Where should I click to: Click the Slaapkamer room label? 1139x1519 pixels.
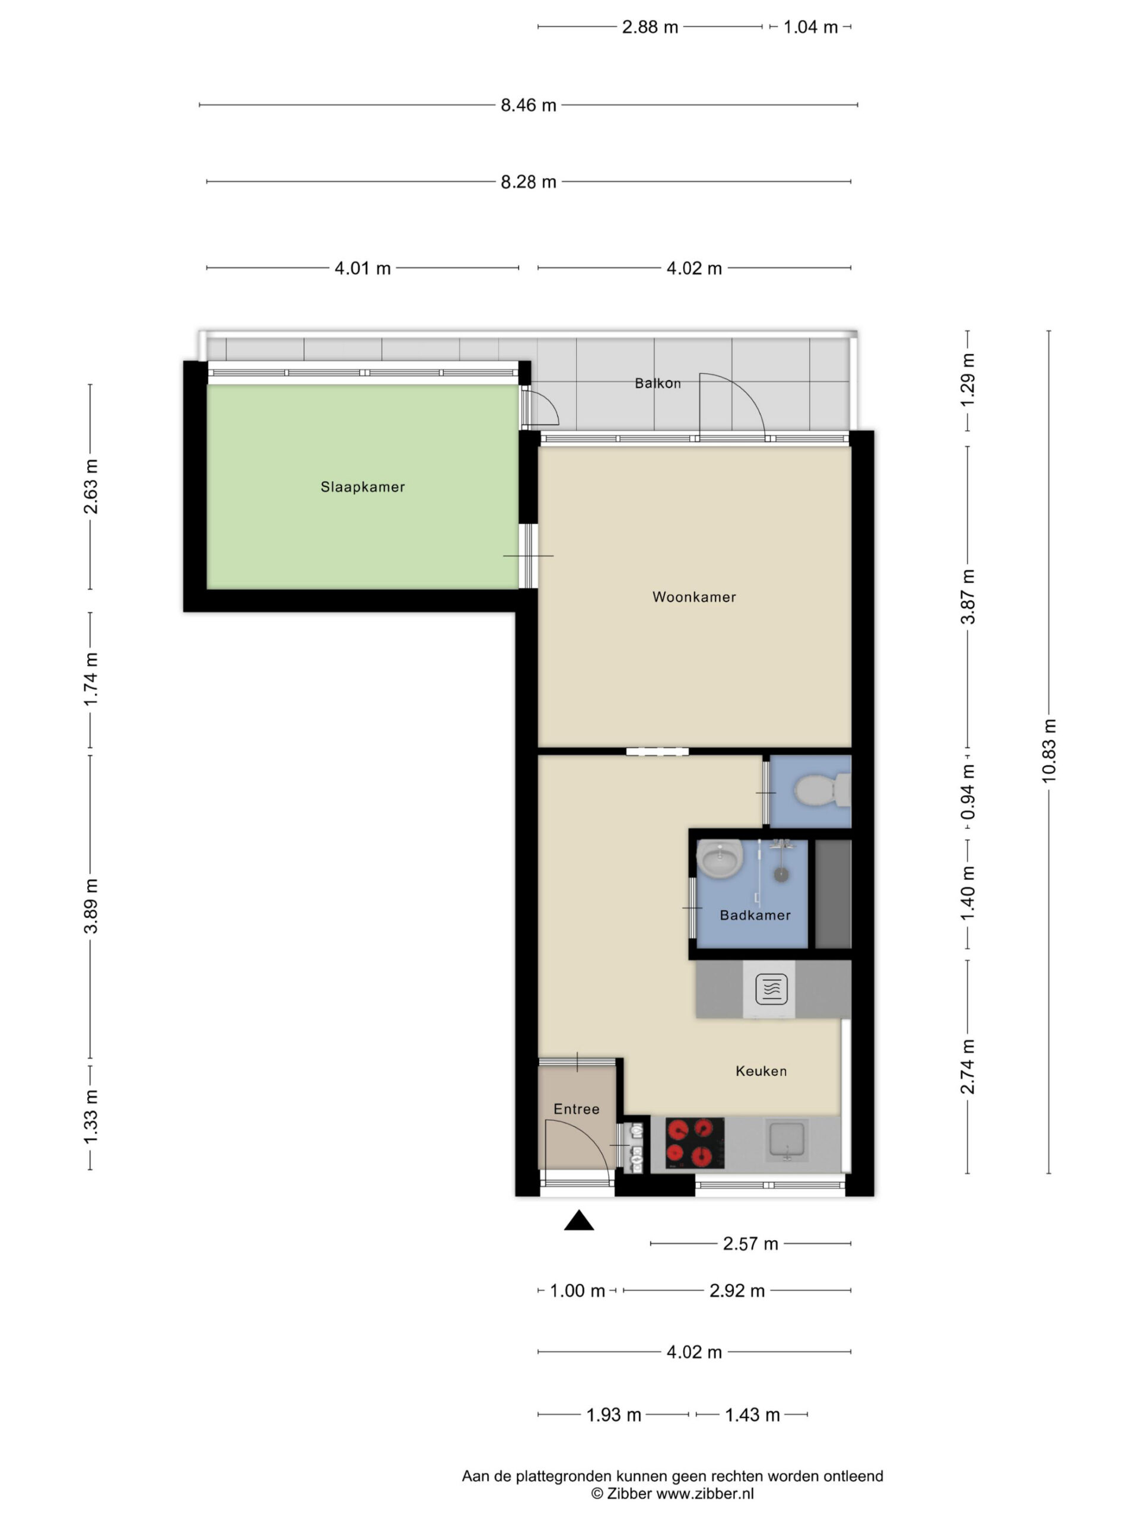coord(362,487)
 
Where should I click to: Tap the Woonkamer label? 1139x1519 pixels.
coord(694,597)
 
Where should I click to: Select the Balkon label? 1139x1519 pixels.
coord(658,383)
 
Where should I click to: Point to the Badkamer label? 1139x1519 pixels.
coord(755,915)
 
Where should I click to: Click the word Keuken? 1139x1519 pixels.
coord(761,1070)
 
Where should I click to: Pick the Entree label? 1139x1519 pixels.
coord(576,1109)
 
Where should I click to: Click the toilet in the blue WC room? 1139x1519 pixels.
coord(822,790)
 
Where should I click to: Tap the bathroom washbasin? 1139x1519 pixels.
coord(720,859)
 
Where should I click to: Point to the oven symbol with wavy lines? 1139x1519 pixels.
coord(771,989)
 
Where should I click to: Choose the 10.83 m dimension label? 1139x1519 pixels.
coord(1048,751)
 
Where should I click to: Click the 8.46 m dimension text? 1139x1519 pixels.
coord(528,105)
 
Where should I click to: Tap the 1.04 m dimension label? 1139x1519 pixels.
coord(810,27)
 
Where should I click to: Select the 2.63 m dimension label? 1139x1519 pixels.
coord(90,487)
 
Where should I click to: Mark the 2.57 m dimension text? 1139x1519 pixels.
coord(750,1244)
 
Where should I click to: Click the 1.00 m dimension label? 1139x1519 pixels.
coord(577,1291)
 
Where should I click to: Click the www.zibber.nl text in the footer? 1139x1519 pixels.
coord(705,1493)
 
